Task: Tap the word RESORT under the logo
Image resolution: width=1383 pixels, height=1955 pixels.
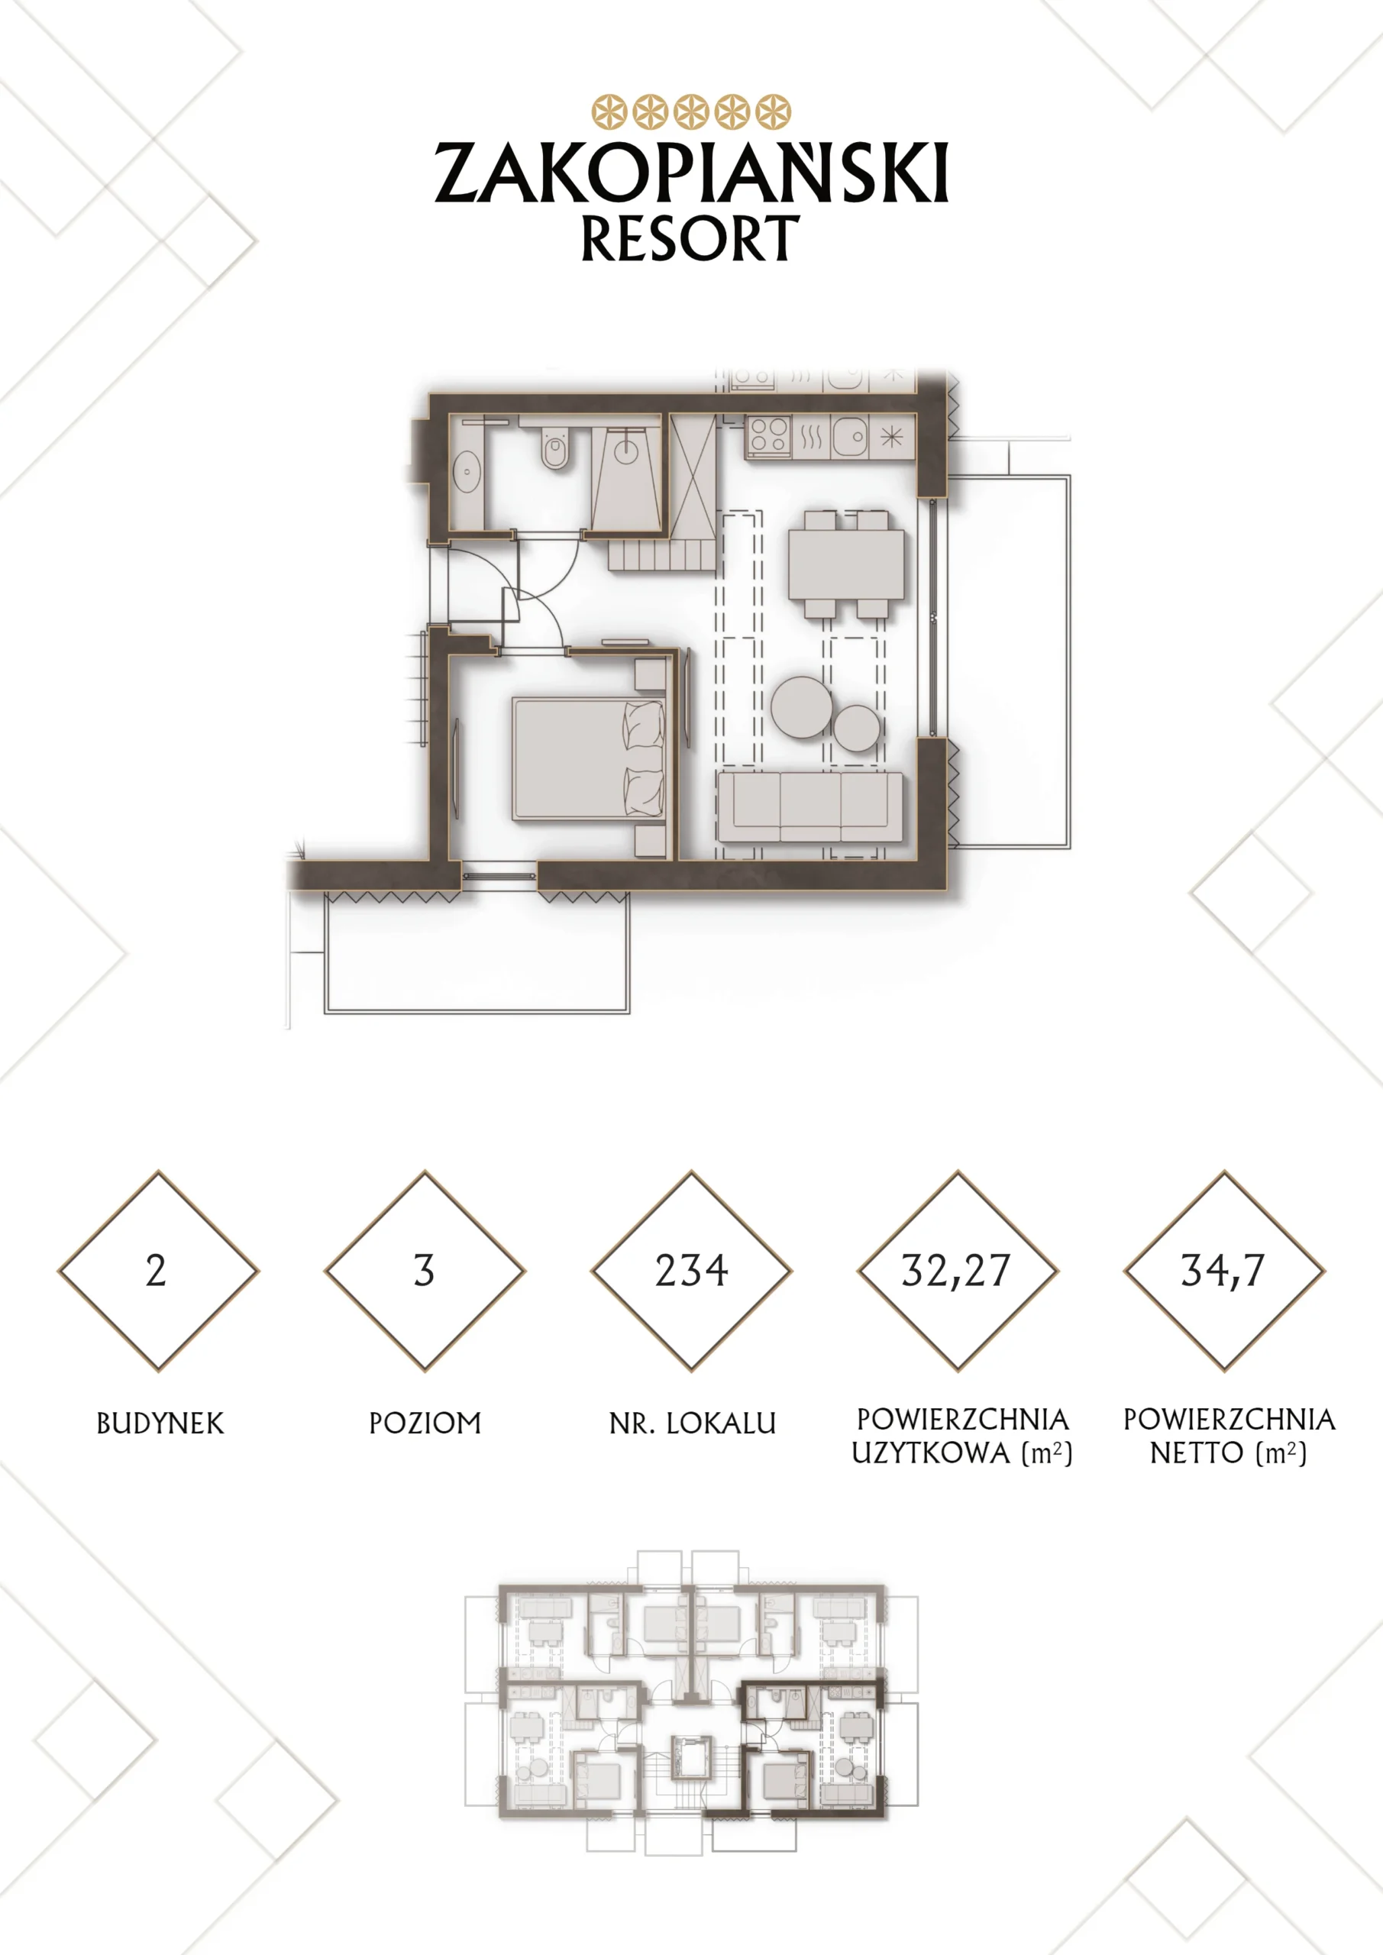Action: click(x=690, y=238)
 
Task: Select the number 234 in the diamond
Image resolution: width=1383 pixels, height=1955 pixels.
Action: click(x=692, y=1271)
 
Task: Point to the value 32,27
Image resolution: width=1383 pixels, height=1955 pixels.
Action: click(x=956, y=1272)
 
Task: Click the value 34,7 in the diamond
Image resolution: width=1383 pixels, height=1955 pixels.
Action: click(x=1223, y=1272)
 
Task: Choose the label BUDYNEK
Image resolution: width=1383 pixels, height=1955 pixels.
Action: click(x=160, y=1423)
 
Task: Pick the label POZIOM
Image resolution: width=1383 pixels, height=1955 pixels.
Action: click(x=425, y=1423)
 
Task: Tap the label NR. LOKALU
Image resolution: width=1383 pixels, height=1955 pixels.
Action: click(x=693, y=1423)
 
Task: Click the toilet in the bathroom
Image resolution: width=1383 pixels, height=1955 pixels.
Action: click(x=554, y=448)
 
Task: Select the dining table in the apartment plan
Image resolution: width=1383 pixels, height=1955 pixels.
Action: click(x=845, y=564)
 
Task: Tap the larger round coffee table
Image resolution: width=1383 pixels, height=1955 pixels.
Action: click(x=801, y=706)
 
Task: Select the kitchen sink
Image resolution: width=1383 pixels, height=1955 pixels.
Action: click(x=849, y=436)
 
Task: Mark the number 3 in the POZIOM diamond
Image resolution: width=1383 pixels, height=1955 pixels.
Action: click(x=424, y=1271)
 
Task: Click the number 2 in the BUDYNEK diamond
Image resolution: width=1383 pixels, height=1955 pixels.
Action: click(x=156, y=1271)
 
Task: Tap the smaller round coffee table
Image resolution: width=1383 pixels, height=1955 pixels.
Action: click(x=857, y=728)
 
